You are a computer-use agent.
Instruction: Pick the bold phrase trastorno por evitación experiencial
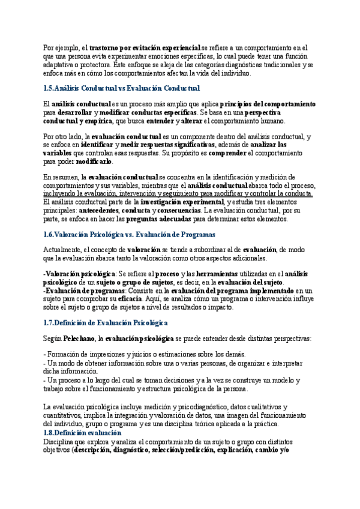145,47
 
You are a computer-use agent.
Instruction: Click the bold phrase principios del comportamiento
268,104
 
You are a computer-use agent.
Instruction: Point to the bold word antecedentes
95,211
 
